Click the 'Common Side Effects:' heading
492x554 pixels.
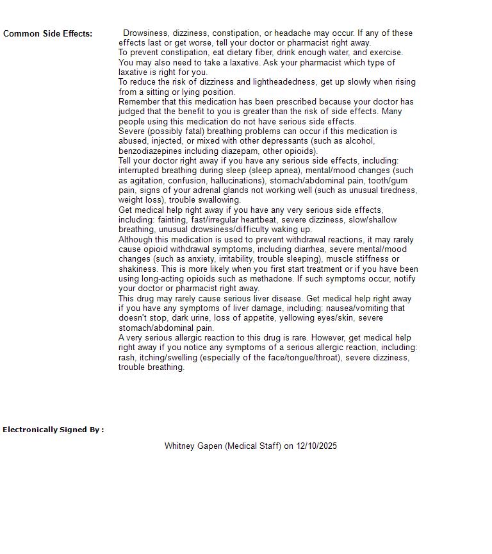pyautogui.click(x=47, y=34)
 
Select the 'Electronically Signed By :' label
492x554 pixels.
pyautogui.click(x=53, y=430)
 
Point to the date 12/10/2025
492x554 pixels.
pyautogui.click(x=316, y=446)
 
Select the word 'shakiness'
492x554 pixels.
pyautogui.click(x=138, y=269)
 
